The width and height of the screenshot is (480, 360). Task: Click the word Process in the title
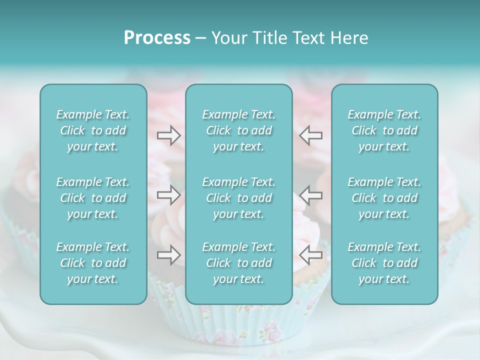point(157,38)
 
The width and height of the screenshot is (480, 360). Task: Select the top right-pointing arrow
point(168,135)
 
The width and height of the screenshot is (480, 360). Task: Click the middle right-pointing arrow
point(168,195)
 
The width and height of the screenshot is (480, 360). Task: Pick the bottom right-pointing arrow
point(168,255)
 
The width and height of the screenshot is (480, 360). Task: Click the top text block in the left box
point(93,130)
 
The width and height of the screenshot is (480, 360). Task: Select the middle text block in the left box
point(93,198)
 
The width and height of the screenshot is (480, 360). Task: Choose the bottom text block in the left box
point(93,263)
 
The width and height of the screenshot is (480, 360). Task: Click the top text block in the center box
point(239,130)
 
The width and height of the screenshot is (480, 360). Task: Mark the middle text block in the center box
point(239,198)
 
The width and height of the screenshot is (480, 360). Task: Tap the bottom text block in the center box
point(239,263)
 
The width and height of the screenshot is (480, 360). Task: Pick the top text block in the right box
point(384,130)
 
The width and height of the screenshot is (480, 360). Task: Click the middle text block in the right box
point(384,198)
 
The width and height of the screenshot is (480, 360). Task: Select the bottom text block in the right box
point(384,263)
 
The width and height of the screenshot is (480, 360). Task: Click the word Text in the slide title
point(307,38)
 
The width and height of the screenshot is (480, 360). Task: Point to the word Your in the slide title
point(227,38)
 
